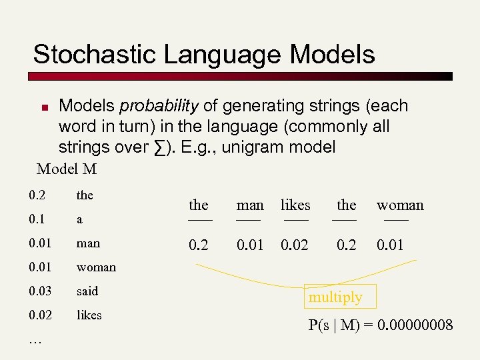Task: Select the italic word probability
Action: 159,106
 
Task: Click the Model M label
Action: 67,169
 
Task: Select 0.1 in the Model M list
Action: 37,219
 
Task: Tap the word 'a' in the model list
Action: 79,219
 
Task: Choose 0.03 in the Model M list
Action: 40,291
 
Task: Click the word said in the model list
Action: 87,291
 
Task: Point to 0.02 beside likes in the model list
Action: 40,315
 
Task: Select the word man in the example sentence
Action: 250,205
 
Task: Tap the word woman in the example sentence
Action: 400,205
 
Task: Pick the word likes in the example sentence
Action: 295,205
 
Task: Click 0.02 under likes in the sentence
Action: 295,245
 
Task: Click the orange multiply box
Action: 335,297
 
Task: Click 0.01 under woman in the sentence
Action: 391,245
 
